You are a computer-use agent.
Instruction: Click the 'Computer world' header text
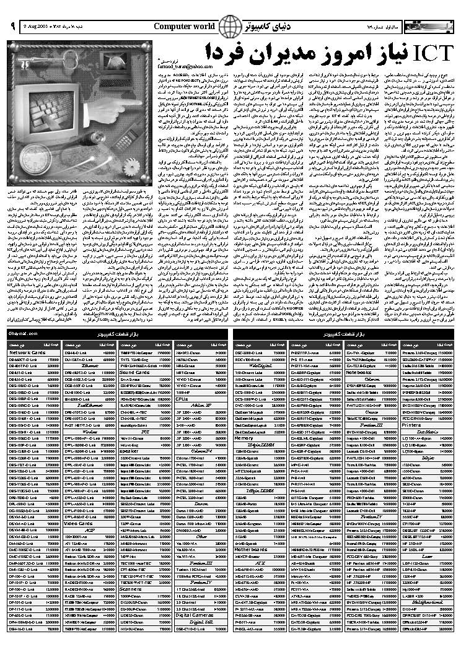pyautogui.click(x=184, y=26)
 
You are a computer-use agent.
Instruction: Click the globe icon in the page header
pyautogui.click(x=231, y=27)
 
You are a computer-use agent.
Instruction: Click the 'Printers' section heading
pyautogui.click(x=411, y=425)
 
